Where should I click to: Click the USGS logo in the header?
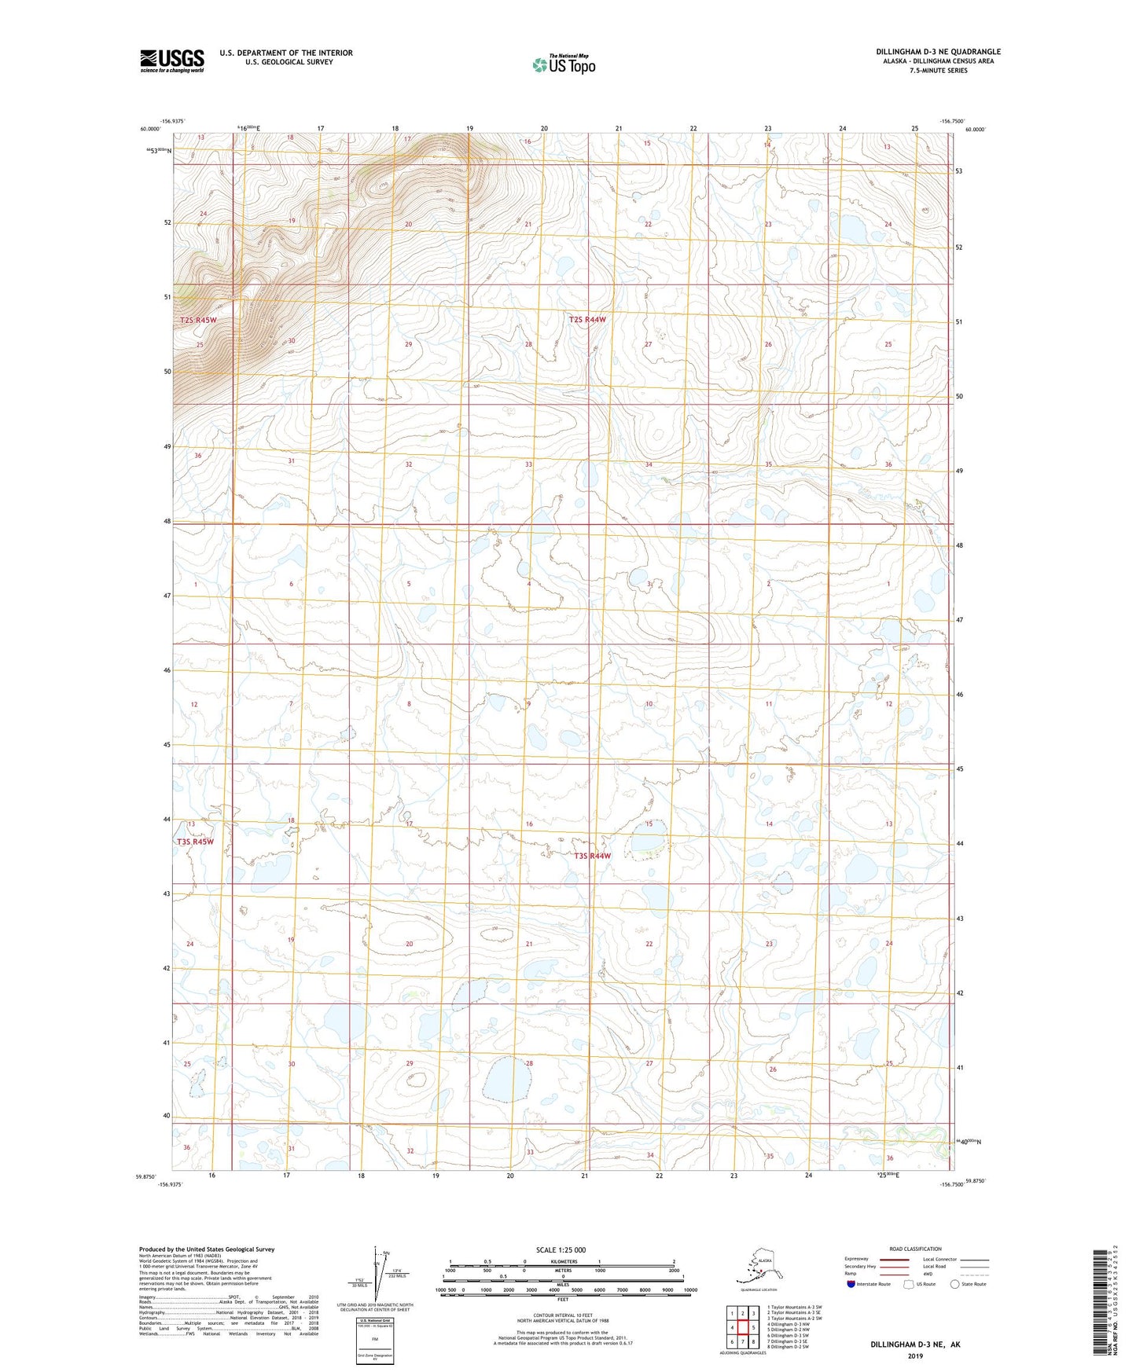click(172, 61)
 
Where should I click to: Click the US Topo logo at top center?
click(564, 64)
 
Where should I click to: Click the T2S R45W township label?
click(197, 321)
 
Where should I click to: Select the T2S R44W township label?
click(588, 320)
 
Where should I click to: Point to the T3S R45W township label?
click(195, 842)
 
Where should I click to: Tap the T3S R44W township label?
click(592, 856)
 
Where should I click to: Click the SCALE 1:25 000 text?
click(561, 1249)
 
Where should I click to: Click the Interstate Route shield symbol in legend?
click(851, 1284)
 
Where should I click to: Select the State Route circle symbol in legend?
click(954, 1284)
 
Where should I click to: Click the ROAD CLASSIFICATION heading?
click(915, 1249)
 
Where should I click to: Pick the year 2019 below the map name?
click(915, 1355)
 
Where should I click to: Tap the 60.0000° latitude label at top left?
click(150, 129)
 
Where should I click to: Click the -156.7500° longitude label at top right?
click(952, 121)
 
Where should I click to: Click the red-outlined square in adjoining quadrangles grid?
click(742, 1328)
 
